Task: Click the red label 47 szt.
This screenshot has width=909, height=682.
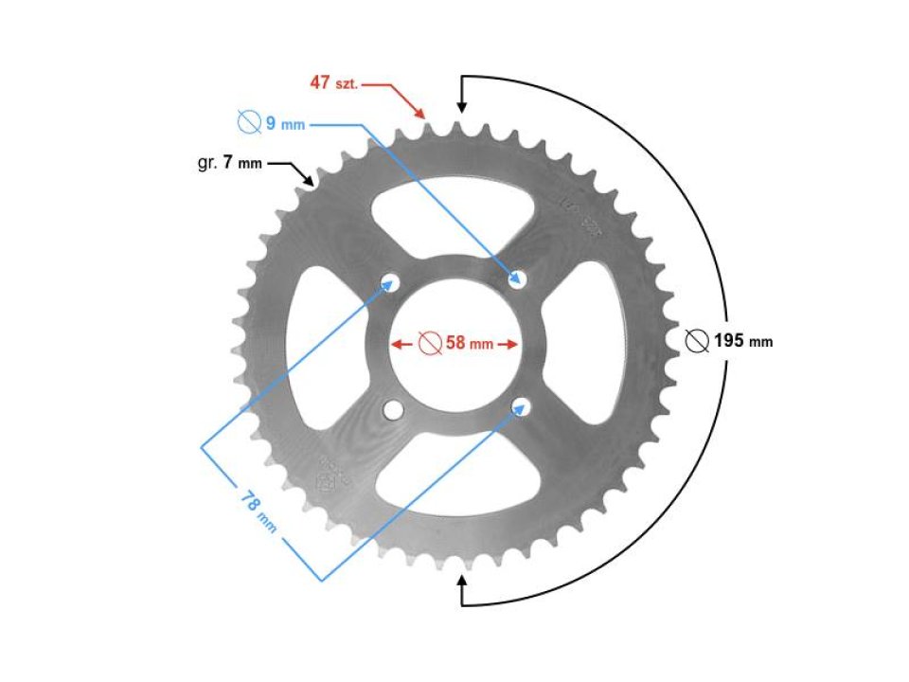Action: click(x=334, y=82)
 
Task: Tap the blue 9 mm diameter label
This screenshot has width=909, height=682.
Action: click(x=268, y=122)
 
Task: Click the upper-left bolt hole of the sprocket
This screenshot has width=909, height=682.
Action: click(x=390, y=281)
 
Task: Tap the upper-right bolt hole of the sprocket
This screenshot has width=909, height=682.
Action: click(x=518, y=278)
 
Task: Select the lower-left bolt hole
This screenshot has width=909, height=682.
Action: click(x=391, y=409)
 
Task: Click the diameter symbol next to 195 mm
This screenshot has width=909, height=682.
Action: click(x=698, y=341)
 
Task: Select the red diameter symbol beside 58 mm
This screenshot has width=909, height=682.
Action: click(x=429, y=343)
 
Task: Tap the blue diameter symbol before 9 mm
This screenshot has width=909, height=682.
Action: click(x=248, y=122)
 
